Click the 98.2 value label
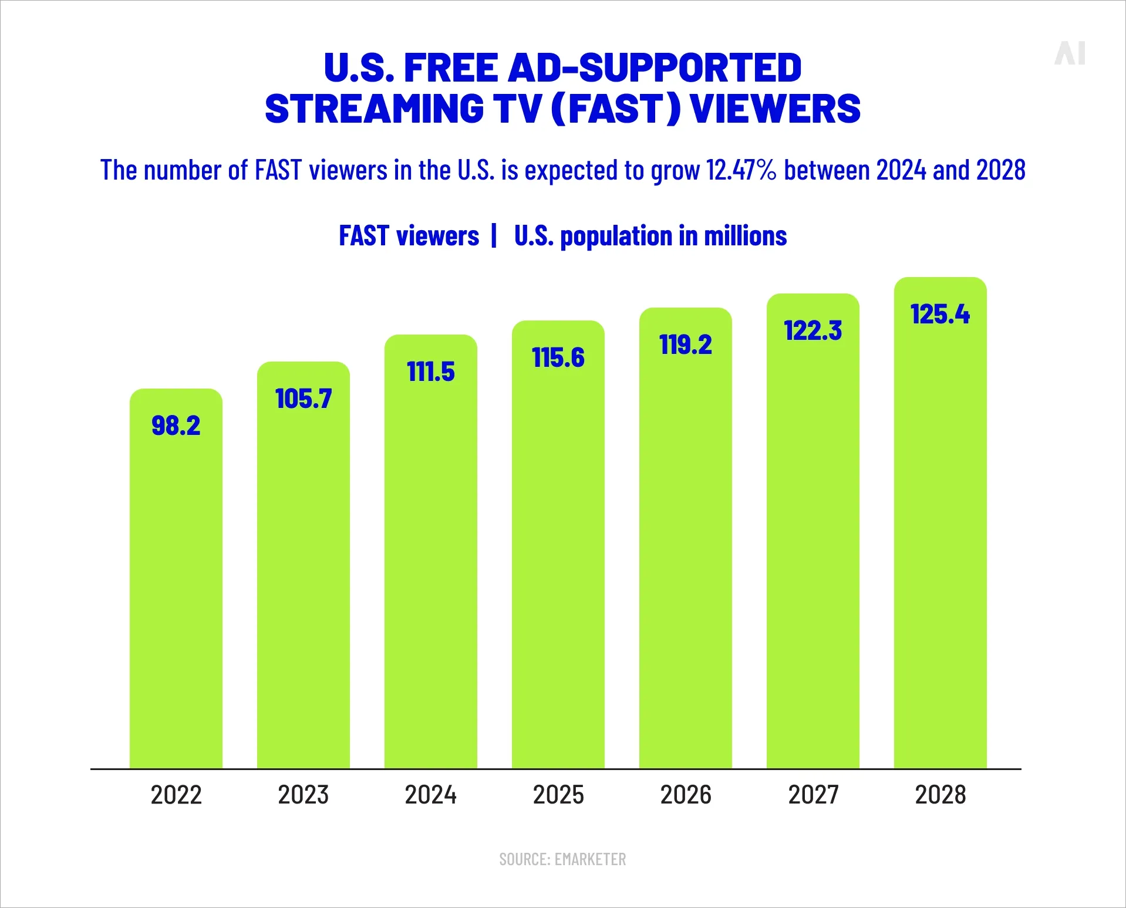tap(176, 426)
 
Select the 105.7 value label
tap(304, 399)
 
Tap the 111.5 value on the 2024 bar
tap(431, 372)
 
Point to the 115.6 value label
tap(558, 358)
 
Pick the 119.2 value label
tap(686, 345)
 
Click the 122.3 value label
tap(813, 331)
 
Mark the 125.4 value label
tap(940, 315)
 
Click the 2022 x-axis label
tap(176, 795)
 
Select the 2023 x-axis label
tap(304, 795)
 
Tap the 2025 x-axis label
tap(558, 795)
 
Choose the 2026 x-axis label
tap(686, 795)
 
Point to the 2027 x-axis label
tap(813, 795)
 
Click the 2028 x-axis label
tap(940, 795)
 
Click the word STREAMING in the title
tap(375, 109)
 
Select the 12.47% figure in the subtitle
tap(741, 170)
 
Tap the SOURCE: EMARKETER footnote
tap(562, 859)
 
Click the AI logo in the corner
tap(1070, 53)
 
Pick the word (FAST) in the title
tap(616, 109)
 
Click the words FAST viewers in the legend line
tap(409, 236)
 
